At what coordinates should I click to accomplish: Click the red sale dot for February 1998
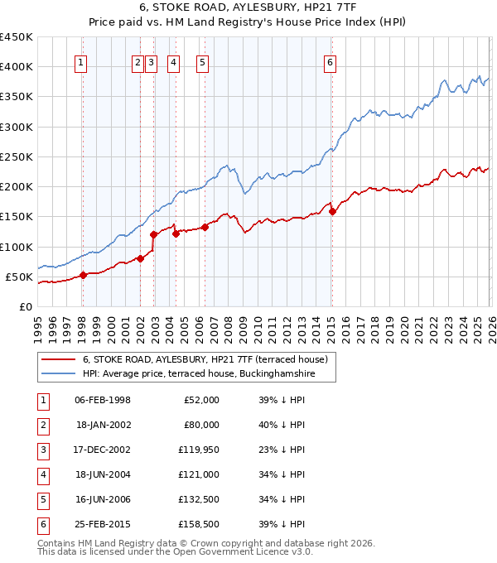[x=83, y=276]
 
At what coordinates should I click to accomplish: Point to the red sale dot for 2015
[x=332, y=211]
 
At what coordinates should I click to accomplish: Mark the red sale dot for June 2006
[x=205, y=227]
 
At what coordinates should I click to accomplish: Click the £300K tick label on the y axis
[x=16, y=127]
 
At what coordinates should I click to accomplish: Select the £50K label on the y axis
[x=19, y=277]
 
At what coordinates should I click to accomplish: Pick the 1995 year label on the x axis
[x=38, y=328]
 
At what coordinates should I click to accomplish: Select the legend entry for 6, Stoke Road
[x=205, y=359]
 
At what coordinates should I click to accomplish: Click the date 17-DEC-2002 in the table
[x=102, y=450]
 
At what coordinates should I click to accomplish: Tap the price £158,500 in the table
[x=199, y=524]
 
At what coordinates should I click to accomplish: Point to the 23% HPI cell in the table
[x=277, y=450]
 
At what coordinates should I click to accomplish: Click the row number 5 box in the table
[x=43, y=499]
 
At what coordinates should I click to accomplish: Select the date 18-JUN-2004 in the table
[x=102, y=474]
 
